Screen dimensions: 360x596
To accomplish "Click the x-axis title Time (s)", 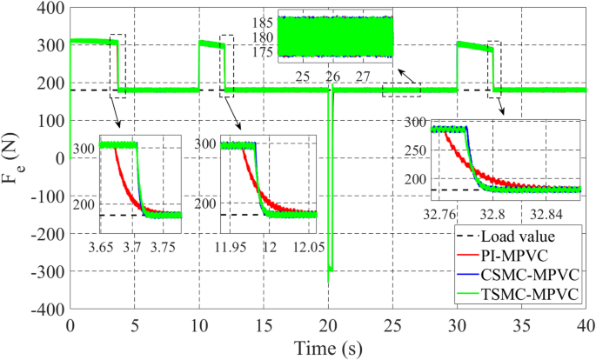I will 327,347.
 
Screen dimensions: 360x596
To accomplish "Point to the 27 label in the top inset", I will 364,77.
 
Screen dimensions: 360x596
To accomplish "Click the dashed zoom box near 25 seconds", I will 401,90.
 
